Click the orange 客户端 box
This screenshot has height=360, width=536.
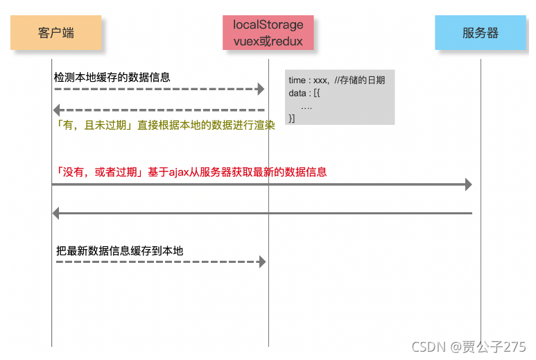point(56,33)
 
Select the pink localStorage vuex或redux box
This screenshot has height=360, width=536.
point(268,33)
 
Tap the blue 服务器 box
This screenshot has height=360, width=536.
point(480,33)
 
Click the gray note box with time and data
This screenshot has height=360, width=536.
point(339,97)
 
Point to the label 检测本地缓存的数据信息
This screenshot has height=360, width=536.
point(112,78)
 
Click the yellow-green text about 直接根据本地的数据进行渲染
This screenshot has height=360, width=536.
point(164,126)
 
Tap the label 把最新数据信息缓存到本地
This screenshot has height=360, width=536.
point(119,250)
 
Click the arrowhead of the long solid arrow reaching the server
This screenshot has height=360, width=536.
point(468,185)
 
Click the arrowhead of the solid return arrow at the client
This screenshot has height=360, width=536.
point(57,214)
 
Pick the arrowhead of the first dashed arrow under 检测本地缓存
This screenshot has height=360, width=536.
point(261,89)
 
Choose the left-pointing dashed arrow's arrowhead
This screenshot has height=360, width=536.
point(58,110)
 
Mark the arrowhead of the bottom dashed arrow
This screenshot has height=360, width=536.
point(261,262)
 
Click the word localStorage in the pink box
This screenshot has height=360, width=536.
point(268,25)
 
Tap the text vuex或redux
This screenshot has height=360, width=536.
point(268,41)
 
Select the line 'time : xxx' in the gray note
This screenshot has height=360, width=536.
point(308,81)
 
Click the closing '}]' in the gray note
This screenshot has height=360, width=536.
point(292,119)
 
